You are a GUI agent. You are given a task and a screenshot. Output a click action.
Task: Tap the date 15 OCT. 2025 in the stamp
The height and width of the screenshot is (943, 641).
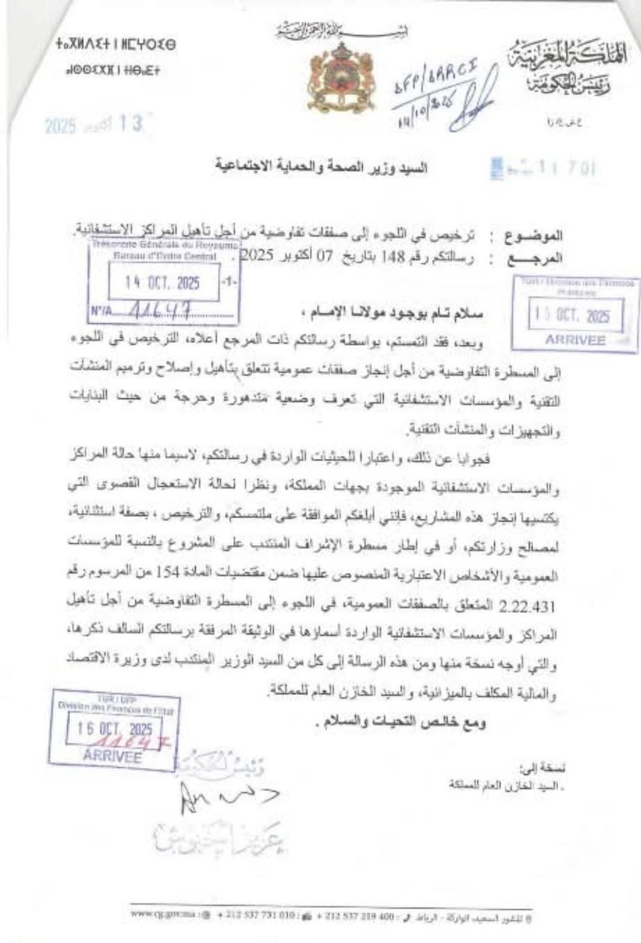(569, 316)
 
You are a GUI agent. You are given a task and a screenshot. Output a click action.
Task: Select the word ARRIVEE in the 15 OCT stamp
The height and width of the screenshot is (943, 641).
(575, 340)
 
